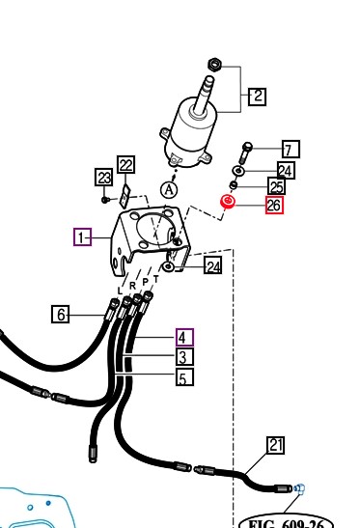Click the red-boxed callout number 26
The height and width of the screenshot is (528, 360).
click(x=274, y=205)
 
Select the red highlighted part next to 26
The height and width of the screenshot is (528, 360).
click(x=228, y=202)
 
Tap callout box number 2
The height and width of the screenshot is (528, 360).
click(x=258, y=97)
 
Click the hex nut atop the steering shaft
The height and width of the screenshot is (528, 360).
click(x=214, y=64)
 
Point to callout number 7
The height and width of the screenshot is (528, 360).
click(x=291, y=150)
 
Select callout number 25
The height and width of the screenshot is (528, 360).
click(x=277, y=186)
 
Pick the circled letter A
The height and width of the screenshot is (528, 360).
click(x=169, y=190)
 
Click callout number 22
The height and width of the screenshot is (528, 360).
click(x=125, y=165)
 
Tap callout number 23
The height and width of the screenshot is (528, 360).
click(x=103, y=177)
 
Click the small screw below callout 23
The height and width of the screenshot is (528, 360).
click(x=105, y=200)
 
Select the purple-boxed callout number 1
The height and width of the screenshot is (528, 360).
click(x=82, y=237)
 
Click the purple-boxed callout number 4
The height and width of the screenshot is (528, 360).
click(x=184, y=337)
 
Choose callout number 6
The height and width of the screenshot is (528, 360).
click(x=60, y=314)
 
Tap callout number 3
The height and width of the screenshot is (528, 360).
click(x=184, y=356)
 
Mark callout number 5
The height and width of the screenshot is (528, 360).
click(x=184, y=376)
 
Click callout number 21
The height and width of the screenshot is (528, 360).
click(x=275, y=445)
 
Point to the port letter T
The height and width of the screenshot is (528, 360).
click(x=156, y=279)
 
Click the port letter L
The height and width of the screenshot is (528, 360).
click(x=120, y=291)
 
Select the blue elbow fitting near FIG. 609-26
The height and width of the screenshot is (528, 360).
click(x=299, y=487)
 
